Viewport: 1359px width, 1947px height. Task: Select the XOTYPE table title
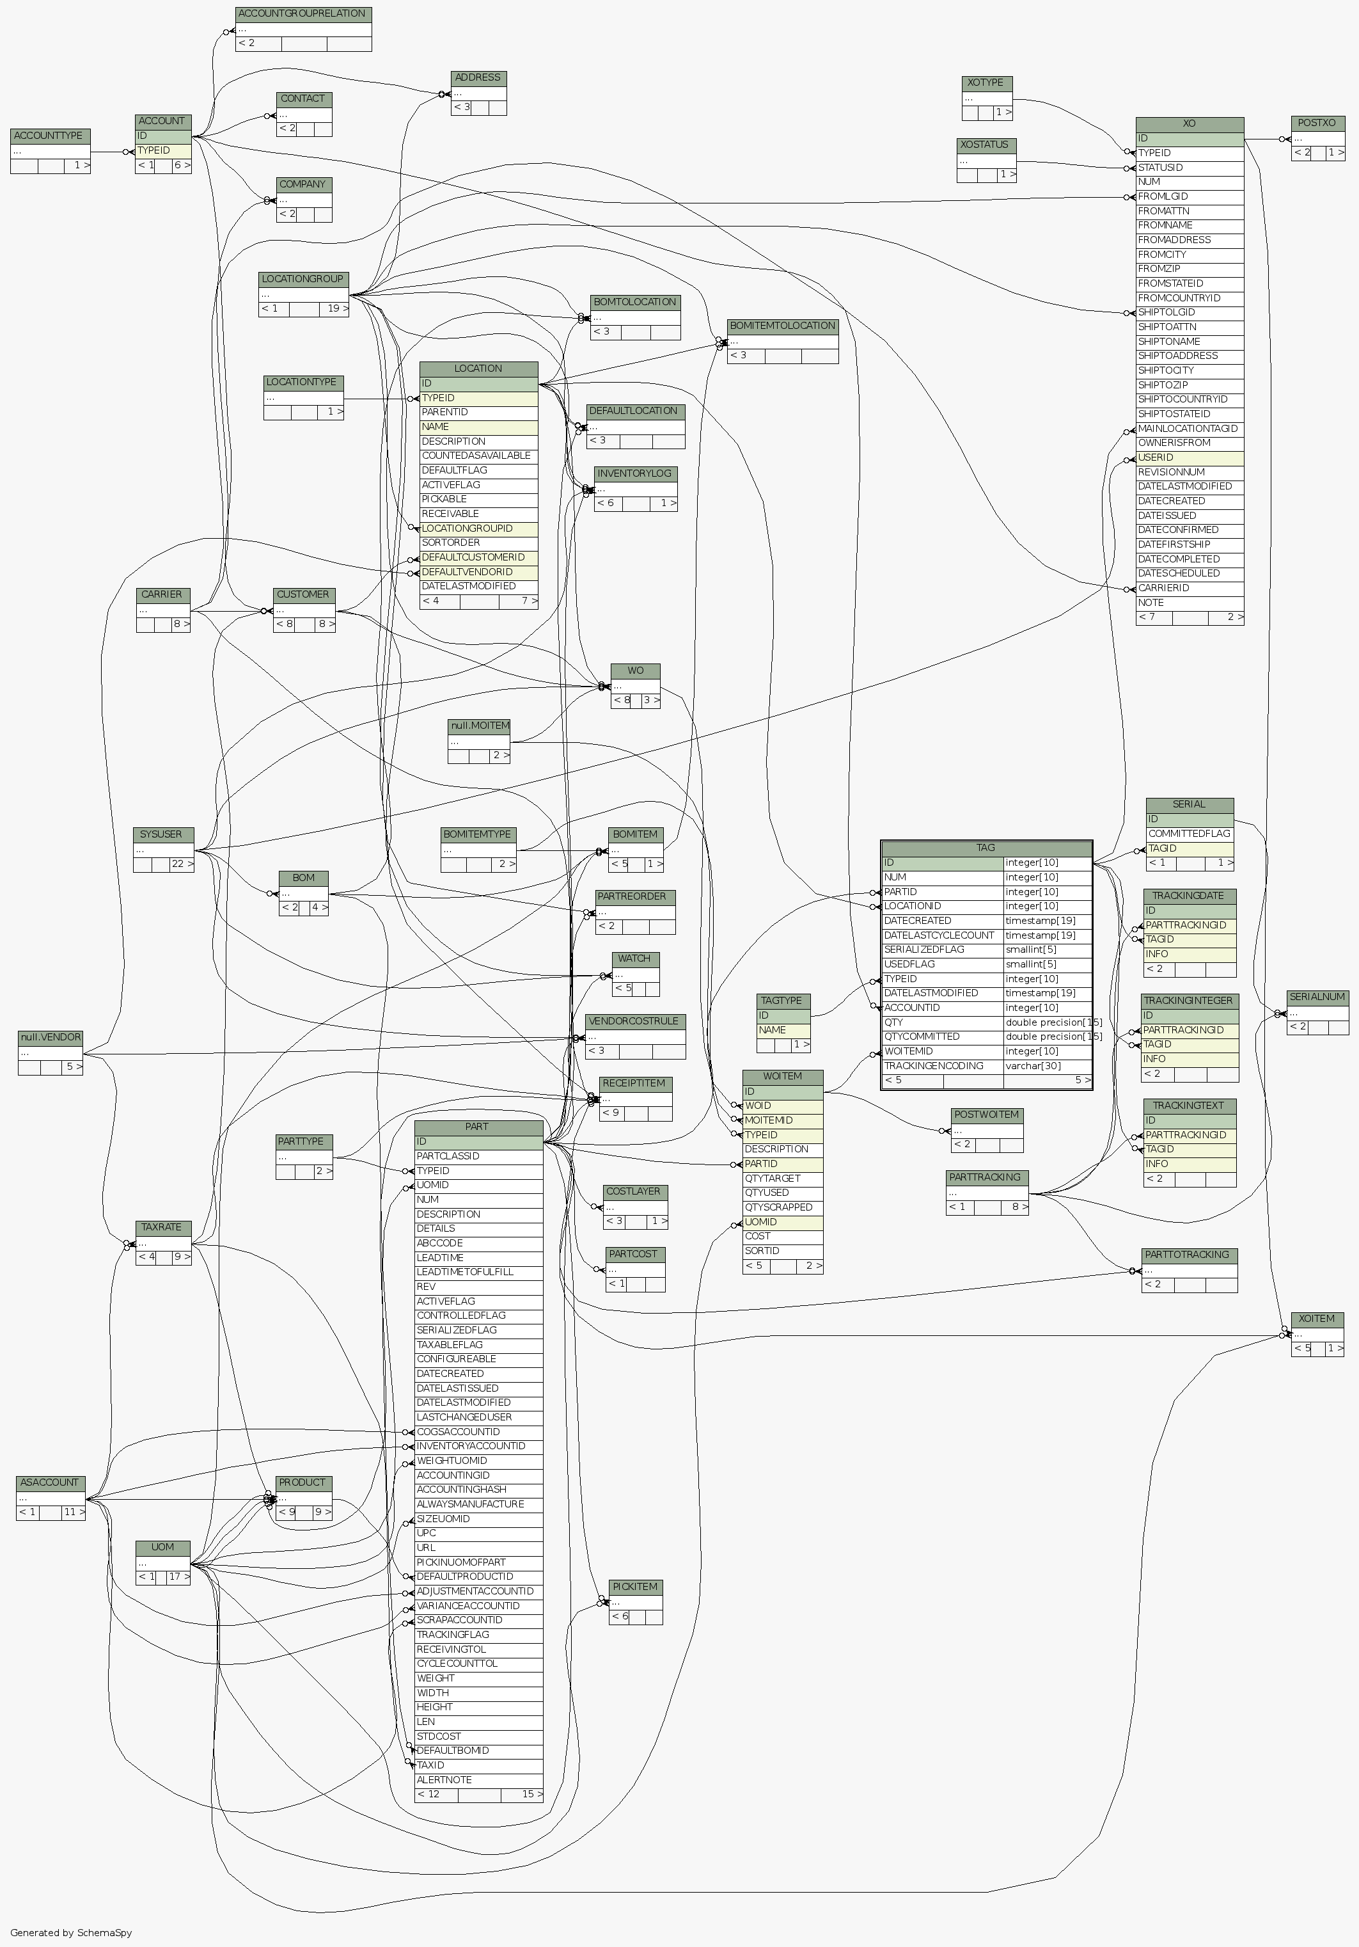pos(986,83)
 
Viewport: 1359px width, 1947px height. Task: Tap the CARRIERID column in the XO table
pos(1189,587)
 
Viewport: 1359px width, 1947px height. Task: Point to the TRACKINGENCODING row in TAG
pos(941,1066)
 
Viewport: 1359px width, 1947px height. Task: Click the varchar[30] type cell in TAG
pos(1047,1066)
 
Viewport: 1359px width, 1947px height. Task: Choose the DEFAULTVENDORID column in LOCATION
pos(478,571)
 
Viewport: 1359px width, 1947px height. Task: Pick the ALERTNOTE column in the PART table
pos(478,1779)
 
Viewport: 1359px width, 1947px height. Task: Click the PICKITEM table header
pos(635,1587)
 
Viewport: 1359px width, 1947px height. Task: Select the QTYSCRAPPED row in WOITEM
pos(782,1207)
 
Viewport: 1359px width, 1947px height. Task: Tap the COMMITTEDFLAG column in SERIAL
pos(1189,834)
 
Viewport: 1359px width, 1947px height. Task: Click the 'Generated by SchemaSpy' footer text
pos(71,1932)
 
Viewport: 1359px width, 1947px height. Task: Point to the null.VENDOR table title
pos(51,1037)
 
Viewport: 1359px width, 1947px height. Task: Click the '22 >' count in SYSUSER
pos(182,864)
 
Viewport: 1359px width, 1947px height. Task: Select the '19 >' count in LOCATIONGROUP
pos(338,308)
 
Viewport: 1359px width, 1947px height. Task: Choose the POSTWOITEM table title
pos(986,1115)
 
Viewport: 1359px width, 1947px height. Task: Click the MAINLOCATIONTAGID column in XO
pos(1189,428)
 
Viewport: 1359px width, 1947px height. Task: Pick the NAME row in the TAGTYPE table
pos(783,1029)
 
